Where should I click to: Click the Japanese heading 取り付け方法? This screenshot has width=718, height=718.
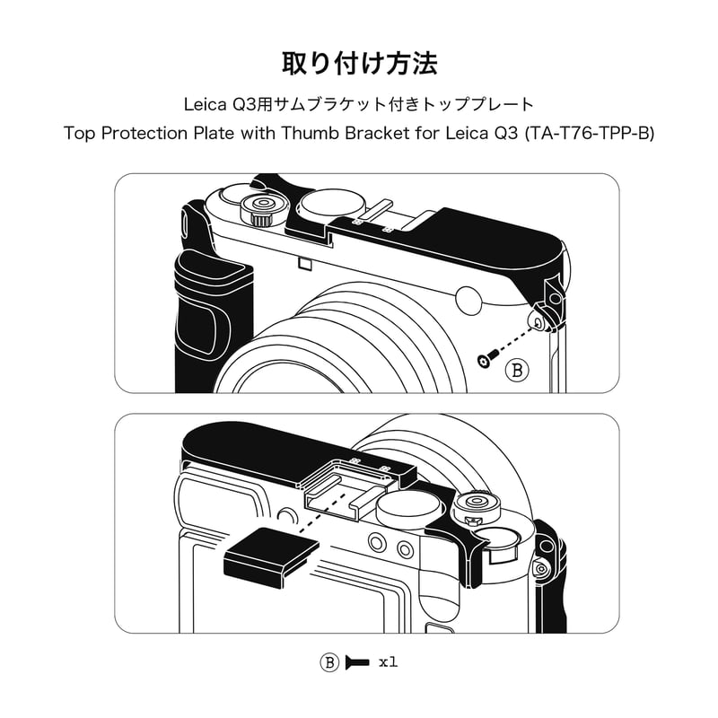coord(359,65)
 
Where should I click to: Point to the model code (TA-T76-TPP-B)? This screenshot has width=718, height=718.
coord(585,134)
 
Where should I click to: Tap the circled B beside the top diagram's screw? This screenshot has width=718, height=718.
coord(517,369)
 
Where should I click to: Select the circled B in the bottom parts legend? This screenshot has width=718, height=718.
coord(330,663)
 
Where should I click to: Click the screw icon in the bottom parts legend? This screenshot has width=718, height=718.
coord(356,663)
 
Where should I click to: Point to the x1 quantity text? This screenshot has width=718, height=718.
coord(387,663)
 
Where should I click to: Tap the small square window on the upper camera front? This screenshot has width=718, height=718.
coord(304,263)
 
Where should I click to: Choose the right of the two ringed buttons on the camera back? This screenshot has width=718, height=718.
coord(404,547)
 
